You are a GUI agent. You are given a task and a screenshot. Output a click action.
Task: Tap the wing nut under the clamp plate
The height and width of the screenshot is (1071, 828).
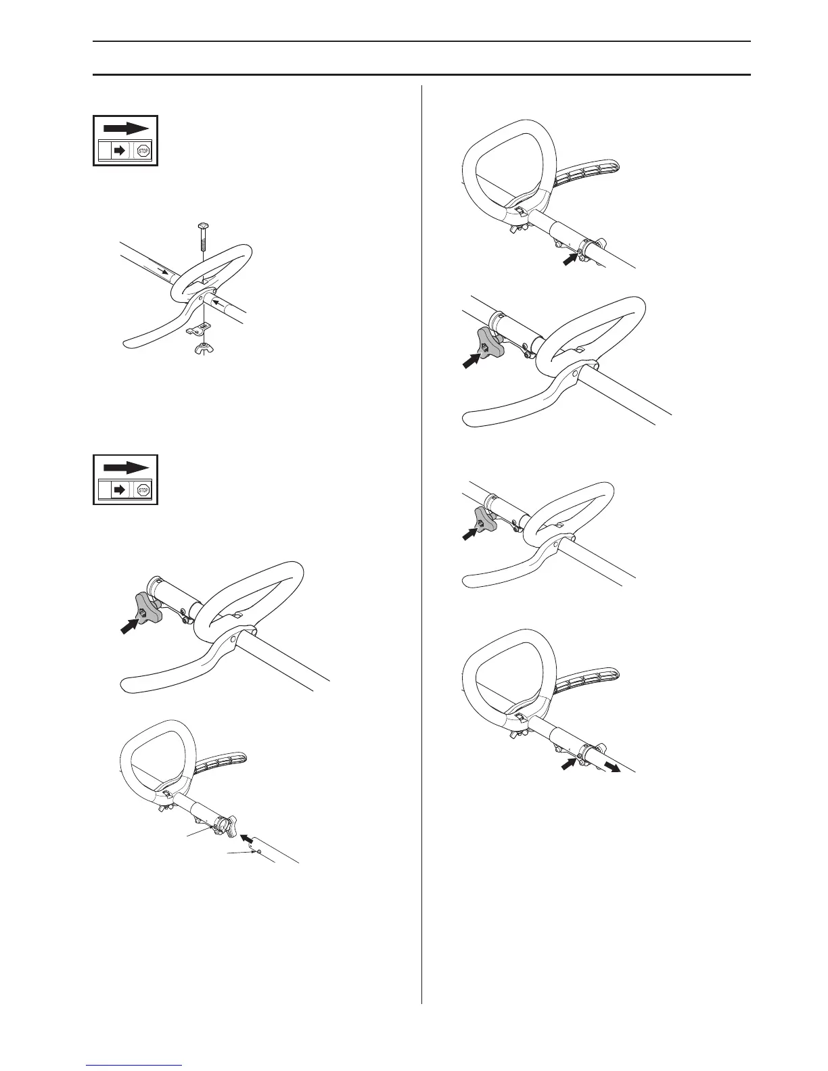point(202,348)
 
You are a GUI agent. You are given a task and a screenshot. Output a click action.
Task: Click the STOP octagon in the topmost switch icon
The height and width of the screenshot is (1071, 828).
point(143,151)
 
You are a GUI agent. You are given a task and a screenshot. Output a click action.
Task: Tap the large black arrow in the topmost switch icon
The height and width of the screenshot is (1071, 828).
point(125,128)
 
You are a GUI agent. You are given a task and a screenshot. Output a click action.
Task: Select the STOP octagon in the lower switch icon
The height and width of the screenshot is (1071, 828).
point(143,490)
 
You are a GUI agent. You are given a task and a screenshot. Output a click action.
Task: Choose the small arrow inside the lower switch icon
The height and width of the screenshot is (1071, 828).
point(120,490)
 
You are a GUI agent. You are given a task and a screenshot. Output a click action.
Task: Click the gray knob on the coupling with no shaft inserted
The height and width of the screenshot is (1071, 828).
point(147,606)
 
